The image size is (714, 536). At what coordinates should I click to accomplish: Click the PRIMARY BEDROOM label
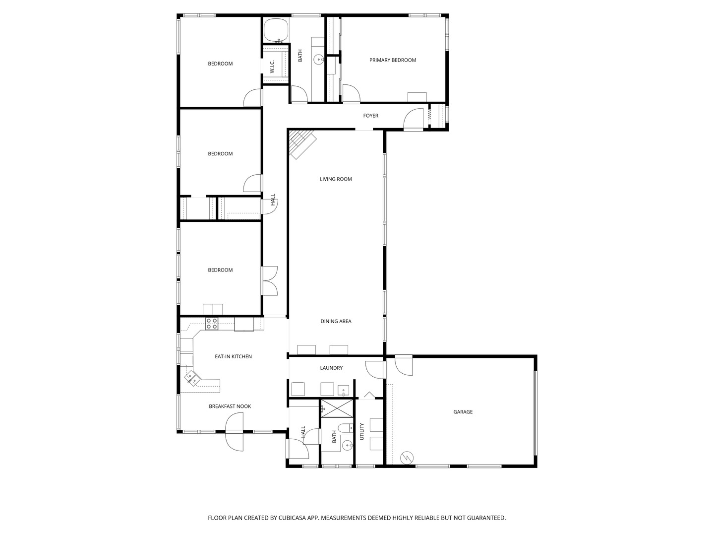pos(392,60)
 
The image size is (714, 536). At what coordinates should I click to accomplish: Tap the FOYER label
pos(370,116)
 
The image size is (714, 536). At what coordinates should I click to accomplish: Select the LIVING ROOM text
pos(336,179)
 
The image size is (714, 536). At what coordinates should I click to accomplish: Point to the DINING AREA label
pos(336,321)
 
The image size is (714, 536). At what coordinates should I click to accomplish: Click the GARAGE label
pos(463,412)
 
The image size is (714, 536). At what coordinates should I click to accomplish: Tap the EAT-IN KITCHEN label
pos(233,356)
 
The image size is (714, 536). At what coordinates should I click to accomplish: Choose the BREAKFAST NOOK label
pos(230,406)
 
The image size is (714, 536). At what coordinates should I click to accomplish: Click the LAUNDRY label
pos(331,368)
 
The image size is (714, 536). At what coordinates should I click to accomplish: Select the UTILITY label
pos(362,432)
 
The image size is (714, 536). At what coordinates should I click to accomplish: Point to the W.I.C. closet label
pos(272,66)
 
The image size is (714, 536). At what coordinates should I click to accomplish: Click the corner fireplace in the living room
pos(302,143)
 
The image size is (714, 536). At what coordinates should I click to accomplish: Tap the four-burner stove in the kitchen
pos(211,324)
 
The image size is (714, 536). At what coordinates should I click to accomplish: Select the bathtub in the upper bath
pos(276,30)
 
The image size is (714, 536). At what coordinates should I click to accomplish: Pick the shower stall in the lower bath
pos(337,408)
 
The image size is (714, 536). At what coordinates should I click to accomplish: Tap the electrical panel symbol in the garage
pos(407,458)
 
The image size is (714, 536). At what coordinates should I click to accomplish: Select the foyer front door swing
pos(413,119)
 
